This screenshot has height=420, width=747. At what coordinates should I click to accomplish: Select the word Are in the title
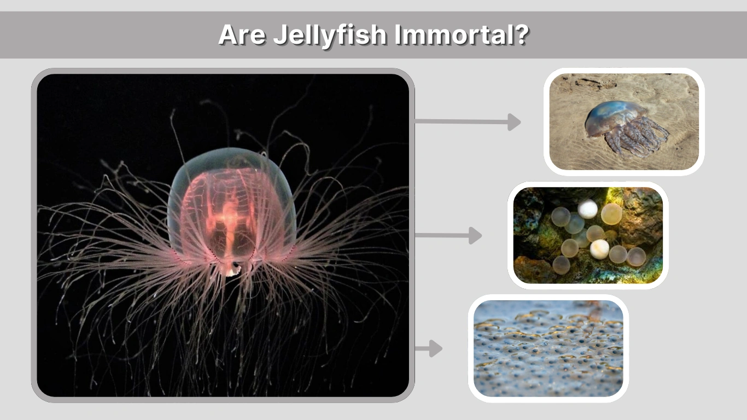point(241,35)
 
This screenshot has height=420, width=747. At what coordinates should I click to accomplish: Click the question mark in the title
point(522,35)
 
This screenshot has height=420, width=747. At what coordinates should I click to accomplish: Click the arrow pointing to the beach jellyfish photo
point(468,122)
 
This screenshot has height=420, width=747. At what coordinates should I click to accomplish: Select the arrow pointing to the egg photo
point(448,236)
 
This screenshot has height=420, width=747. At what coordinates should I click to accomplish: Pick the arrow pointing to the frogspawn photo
point(429,348)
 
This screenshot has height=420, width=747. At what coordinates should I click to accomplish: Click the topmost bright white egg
point(588,209)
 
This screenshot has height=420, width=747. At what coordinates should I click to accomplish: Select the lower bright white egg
point(599,249)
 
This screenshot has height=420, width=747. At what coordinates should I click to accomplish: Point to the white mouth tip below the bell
point(235,268)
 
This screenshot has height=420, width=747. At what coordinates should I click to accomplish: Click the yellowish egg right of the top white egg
point(611,214)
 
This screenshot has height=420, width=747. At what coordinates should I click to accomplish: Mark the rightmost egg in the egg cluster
point(637,256)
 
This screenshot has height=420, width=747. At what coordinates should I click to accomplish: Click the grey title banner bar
point(109,35)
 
